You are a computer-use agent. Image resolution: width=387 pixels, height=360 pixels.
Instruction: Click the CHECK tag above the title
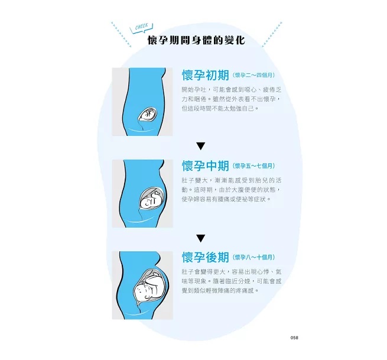[142, 27]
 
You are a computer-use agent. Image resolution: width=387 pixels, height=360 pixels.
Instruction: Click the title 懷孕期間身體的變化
[196, 41]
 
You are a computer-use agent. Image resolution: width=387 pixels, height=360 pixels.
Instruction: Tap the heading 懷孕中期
[205, 166]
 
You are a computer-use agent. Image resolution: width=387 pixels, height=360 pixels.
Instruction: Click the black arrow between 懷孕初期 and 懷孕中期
[201, 146]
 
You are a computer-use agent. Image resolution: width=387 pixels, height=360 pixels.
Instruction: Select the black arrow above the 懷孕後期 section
[201, 238]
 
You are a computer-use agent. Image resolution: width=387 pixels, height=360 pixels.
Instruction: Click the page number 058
[294, 338]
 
